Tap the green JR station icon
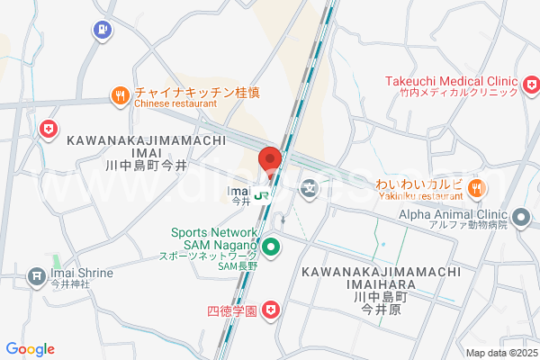(262, 194)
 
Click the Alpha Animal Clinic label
(454, 215)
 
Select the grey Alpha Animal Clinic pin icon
(520, 217)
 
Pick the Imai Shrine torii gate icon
(36, 274)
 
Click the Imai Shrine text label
(82, 273)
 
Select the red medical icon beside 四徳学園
(271, 310)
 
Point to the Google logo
(30, 349)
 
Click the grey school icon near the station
(310, 188)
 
